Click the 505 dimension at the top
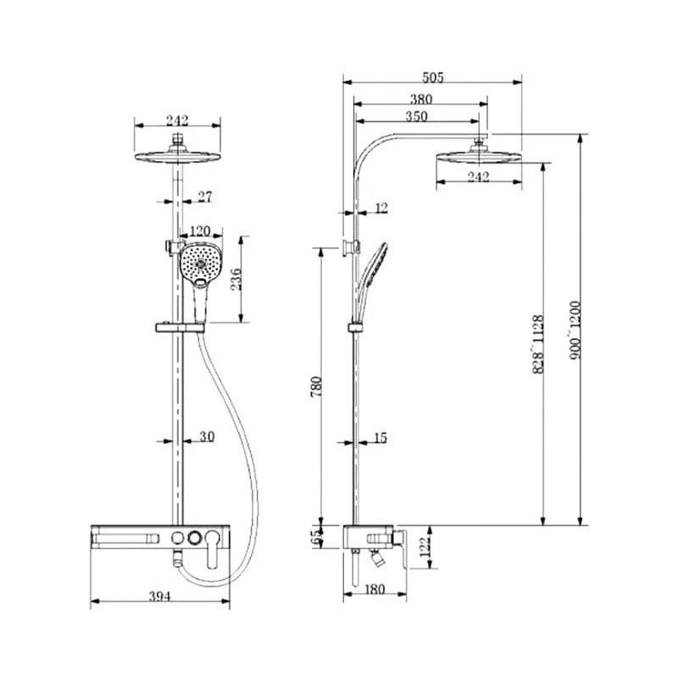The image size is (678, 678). tap(432, 77)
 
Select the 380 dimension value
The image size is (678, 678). tap(420, 98)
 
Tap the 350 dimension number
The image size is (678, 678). tap(416, 116)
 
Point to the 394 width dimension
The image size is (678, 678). tap(160, 596)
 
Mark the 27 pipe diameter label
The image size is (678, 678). tap(204, 197)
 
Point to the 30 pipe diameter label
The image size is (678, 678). tap(206, 436)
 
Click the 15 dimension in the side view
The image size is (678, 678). tap(379, 437)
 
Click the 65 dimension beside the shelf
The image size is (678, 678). tap(318, 536)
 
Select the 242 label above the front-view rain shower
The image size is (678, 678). tap(177, 120)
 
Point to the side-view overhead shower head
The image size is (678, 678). tap(478, 156)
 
